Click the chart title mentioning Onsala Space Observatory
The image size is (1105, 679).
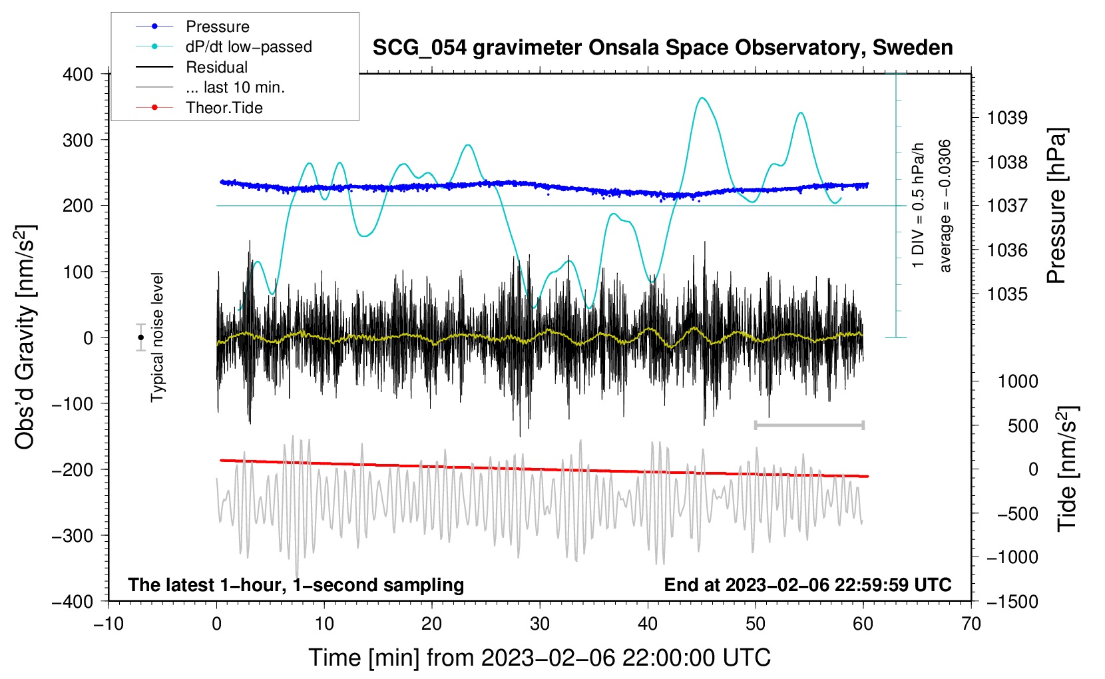662,48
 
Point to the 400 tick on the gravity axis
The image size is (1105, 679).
78,75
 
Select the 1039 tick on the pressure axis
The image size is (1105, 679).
1007,118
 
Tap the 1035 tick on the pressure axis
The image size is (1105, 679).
1007,294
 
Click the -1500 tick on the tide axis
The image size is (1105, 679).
1012,602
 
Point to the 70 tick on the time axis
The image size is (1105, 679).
971,624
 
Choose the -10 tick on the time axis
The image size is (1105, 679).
109,624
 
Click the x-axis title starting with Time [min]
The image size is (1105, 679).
540,658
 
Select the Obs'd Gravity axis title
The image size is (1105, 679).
25,338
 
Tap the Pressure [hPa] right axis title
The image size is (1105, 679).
1056,206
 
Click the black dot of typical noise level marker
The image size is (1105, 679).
141,338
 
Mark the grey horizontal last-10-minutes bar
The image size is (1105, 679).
809,425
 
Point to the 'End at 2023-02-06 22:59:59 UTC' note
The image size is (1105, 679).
807,584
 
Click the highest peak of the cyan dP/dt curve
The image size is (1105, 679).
702,99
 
